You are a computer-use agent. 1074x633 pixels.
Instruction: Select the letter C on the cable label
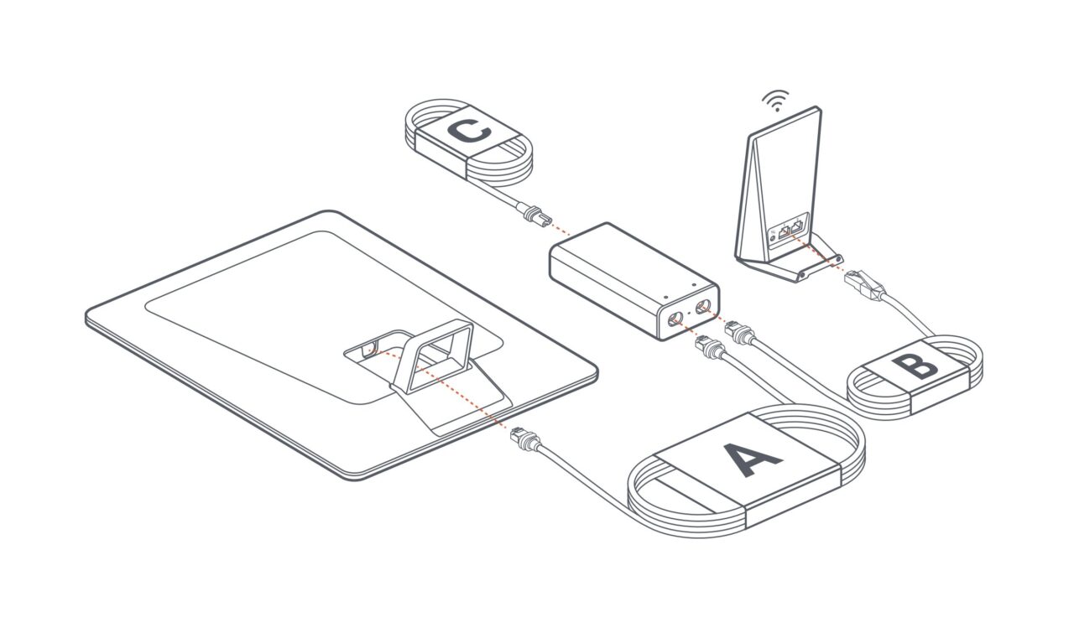coord(468,131)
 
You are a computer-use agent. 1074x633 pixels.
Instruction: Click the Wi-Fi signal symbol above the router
coord(775,100)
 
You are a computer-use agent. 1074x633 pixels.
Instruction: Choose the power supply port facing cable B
coord(703,306)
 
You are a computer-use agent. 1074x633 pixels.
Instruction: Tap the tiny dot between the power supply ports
coord(690,313)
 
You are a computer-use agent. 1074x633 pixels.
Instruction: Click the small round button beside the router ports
coord(773,237)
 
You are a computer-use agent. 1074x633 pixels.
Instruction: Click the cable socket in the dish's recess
coord(368,350)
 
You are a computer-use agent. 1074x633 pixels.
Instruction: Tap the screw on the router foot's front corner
coord(802,276)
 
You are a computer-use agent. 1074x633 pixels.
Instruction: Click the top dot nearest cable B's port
coord(693,284)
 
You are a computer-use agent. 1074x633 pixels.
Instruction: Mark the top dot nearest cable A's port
coord(666,297)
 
